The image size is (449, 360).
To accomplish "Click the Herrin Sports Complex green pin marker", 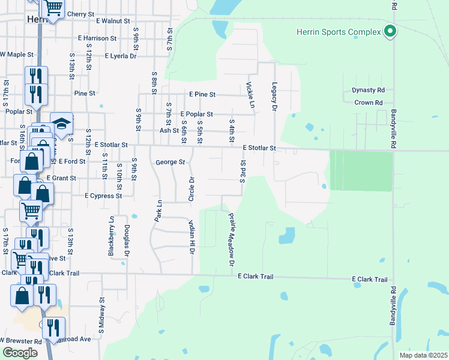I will pyautogui.click(x=390, y=31).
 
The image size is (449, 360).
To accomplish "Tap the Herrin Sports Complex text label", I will pyautogui.click(x=339, y=32).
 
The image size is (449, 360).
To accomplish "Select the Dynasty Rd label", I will pyautogui.click(x=368, y=91).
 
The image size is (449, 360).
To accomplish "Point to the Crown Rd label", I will pyautogui.click(x=369, y=103).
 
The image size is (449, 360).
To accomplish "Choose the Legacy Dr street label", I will pyautogui.click(x=274, y=97).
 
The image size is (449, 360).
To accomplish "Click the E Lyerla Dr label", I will pyautogui.click(x=121, y=56).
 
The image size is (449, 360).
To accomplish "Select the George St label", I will pyautogui.click(x=170, y=162).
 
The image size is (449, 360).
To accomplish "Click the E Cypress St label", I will pyautogui.click(x=103, y=196).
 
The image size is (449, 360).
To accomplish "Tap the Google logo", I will pyautogui.click(x=20, y=353).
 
